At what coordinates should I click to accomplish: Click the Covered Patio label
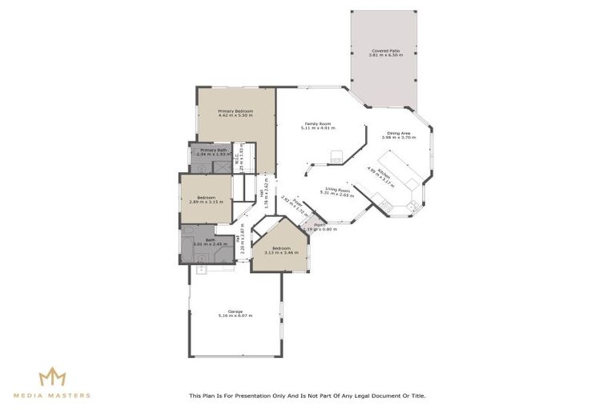(x=384, y=50)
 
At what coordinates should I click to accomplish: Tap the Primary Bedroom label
(x=235, y=111)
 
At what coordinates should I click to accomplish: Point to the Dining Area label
(x=399, y=133)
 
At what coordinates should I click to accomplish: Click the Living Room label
(x=337, y=190)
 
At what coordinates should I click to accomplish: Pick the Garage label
(x=235, y=311)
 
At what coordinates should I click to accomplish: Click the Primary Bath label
(x=214, y=150)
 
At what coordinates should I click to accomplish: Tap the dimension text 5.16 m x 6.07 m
(x=235, y=316)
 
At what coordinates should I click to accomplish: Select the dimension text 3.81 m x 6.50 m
(x=384, y=55)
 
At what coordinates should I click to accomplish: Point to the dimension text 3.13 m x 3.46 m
(x=281, y=252)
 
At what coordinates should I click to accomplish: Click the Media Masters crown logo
(x=52, y=376)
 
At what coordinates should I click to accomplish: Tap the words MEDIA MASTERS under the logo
(x=52, y=396)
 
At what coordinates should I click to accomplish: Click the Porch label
(x=320, y=225)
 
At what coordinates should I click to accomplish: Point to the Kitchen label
(x=385, y=173)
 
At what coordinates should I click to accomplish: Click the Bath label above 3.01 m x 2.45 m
(x=210, y=239)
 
